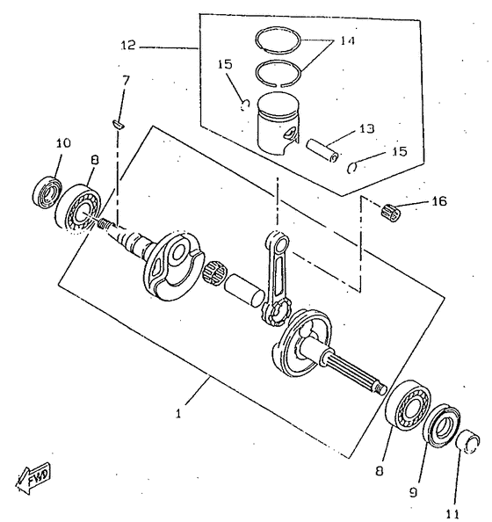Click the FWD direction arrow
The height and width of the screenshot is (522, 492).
33,477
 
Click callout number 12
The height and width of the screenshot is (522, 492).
128,46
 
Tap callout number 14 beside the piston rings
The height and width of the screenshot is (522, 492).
348,40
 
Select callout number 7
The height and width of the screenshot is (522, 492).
125,81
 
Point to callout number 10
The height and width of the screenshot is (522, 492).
63,143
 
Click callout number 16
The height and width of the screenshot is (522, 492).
439,201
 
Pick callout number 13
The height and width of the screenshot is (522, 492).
366,128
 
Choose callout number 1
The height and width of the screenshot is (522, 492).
178,414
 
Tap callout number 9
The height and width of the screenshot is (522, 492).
413,492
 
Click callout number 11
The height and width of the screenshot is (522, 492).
452,514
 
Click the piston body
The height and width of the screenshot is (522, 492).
278,123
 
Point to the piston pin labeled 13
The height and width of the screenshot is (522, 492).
323,150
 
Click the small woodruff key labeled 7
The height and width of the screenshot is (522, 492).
118,124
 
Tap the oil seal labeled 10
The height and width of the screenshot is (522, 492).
48,192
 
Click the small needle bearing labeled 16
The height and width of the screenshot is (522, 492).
390,213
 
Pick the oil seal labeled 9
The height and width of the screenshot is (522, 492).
443,426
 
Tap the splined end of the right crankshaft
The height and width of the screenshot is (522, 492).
355,371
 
